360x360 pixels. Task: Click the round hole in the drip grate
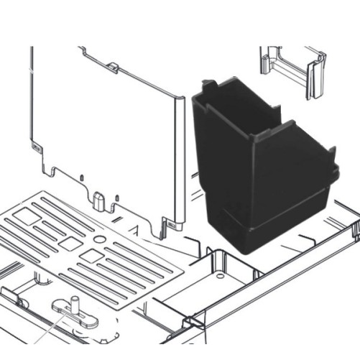pos(99,236)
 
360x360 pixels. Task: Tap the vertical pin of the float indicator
pos(73,305)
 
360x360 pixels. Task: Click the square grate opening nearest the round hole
pos(91,255)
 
